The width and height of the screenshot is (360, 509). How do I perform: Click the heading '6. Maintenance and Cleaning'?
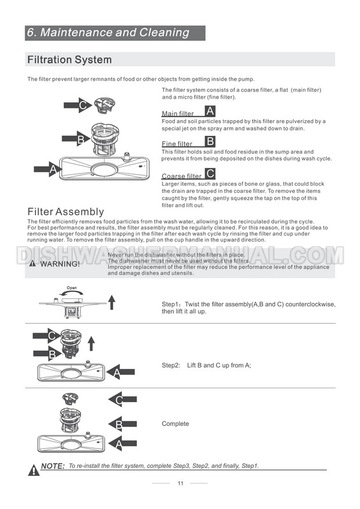109,33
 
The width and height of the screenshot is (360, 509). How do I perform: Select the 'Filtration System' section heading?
70,60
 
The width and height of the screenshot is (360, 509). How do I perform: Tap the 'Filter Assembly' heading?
66,212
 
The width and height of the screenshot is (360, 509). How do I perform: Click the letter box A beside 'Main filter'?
210,111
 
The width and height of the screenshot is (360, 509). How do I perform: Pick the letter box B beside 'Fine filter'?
210,141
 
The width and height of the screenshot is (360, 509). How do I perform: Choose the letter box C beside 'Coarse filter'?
210,173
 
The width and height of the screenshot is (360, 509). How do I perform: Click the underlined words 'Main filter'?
178,114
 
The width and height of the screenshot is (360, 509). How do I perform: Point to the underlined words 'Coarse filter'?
181,176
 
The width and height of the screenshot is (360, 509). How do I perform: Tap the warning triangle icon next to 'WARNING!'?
33,264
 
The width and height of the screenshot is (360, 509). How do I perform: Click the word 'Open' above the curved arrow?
71,288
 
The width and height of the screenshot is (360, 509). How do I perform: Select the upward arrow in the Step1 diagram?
112,301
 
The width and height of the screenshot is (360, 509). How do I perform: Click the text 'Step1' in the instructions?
171,304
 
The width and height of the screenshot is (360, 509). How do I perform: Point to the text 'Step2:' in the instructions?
171,365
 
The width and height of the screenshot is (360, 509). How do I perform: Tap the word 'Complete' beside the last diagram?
175,424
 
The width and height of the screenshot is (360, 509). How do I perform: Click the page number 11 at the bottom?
181,483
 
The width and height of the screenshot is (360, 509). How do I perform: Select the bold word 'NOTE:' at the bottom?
53,466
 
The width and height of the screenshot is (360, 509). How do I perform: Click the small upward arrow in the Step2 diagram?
90,344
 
